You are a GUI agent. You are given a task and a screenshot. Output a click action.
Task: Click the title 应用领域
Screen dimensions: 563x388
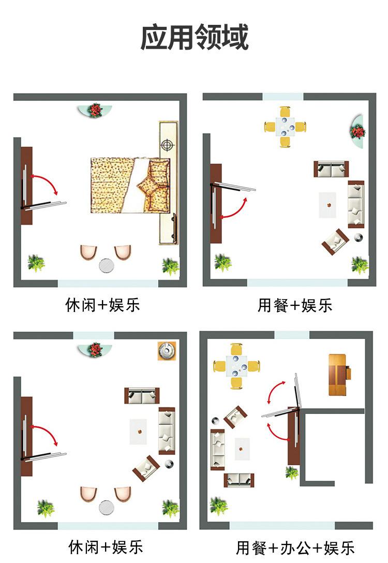click(x=194, y=37)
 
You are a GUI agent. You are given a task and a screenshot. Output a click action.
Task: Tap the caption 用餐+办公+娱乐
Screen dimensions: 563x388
click(x=295, y=547)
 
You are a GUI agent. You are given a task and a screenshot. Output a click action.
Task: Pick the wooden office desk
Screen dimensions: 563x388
click(x=339, y=374)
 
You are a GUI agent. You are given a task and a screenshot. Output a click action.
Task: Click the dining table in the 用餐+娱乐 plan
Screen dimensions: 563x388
click(x=285, y=126)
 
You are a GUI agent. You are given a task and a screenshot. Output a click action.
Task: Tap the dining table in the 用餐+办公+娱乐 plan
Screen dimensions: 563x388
click(x=236, y=366)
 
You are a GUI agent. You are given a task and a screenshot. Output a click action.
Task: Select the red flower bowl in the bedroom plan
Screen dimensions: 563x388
click(x=95, y=110)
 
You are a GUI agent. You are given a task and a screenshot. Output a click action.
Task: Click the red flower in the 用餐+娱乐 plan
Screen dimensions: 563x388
click(x=358, y=132)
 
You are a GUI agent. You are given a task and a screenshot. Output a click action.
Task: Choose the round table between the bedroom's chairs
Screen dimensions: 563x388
click(x=107, y=265)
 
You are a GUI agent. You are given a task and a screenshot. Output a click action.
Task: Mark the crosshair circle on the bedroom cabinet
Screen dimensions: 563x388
click(x=167, y=145)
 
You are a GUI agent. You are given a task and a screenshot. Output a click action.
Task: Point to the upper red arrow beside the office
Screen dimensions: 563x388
click(x=275, y=392)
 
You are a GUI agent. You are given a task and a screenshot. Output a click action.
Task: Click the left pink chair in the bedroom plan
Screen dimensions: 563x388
click(x=88, y=252)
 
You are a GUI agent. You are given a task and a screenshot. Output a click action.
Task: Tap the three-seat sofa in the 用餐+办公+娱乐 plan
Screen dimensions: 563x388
click(x=218, y=449)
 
